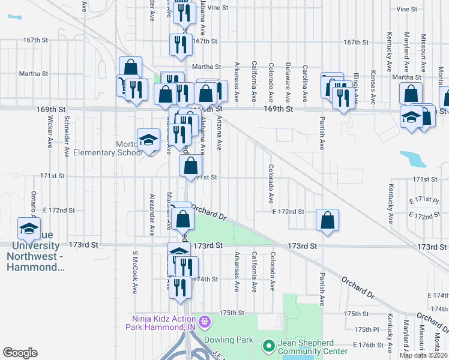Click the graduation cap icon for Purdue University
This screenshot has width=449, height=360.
28,228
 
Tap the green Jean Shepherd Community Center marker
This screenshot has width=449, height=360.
268,346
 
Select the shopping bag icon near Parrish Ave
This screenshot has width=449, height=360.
328,220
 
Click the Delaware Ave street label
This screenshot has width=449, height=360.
288,83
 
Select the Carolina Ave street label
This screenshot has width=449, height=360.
305,83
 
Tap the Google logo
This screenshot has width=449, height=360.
20,353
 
